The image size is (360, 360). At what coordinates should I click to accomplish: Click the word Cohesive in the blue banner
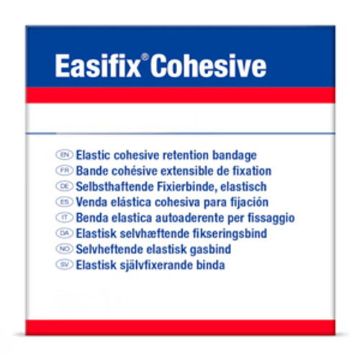[x=210, y=66]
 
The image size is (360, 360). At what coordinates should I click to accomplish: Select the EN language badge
[x=63, y=156]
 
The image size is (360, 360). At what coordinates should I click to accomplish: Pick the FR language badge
[x=63, y=171]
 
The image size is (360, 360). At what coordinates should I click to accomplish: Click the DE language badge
[x=63, y=186]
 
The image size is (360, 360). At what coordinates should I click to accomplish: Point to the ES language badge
[x=63, y=202]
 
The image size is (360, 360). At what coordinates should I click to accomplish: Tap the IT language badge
[x=63, y=217]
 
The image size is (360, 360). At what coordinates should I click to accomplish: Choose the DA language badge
[x=63, y=233]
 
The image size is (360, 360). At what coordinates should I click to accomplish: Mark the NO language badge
[x=63, y=249]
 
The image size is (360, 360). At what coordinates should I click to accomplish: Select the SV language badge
[x=63, y=265]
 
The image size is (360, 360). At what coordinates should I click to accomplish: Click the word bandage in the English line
[x=234, y=156]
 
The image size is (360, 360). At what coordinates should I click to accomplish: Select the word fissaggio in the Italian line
[x=271, y=217]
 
